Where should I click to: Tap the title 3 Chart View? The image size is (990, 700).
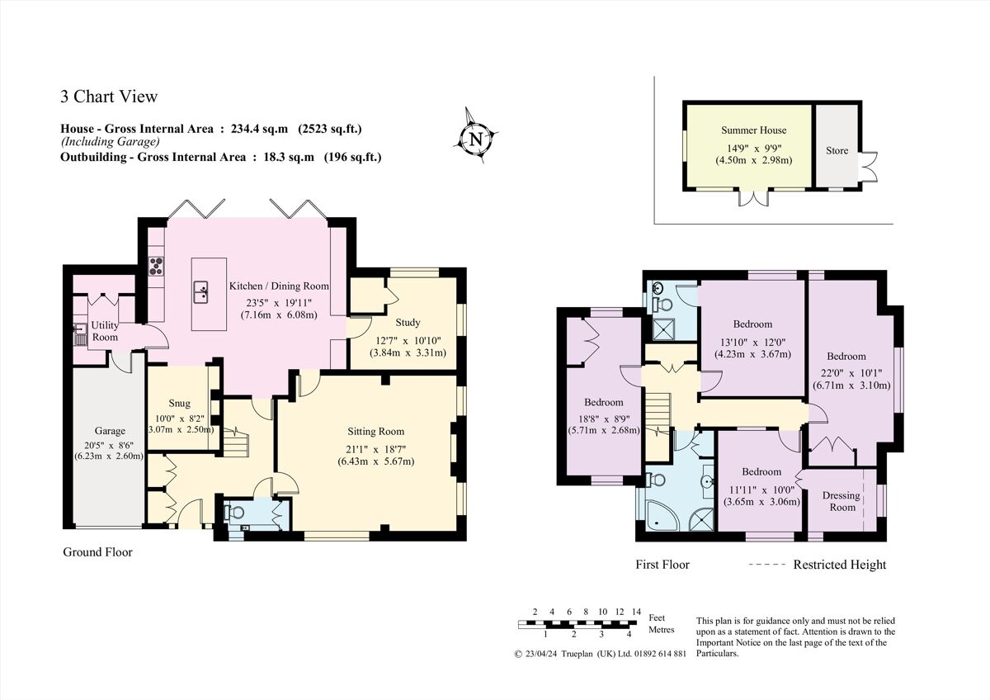point(108,97)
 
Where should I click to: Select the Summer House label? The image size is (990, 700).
point(753,130)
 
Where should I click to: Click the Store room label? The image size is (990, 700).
point(837,150)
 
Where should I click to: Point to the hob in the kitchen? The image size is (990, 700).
point(156,266)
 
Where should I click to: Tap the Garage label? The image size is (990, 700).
point(109,431)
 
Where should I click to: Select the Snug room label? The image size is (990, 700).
point(180,404)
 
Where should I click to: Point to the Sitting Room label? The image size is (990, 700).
point(375,432)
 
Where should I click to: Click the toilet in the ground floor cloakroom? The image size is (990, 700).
point(235,513)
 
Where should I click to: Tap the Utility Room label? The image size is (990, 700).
point(105,331)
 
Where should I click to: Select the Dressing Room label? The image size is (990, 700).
point(841,501)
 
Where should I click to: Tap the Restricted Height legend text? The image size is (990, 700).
point(839,565)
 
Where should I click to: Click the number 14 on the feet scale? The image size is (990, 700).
point(636,612)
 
